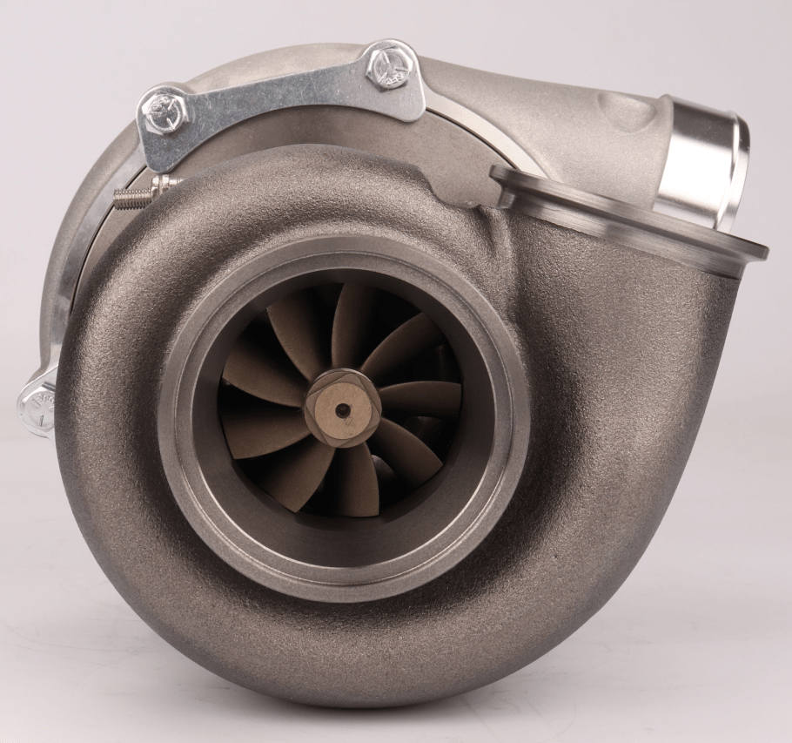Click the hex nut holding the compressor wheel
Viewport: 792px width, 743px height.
tap(342, 408)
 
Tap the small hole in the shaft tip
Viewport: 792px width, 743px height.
tap(343, 409)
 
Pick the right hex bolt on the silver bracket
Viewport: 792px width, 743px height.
tap(387, 64)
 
